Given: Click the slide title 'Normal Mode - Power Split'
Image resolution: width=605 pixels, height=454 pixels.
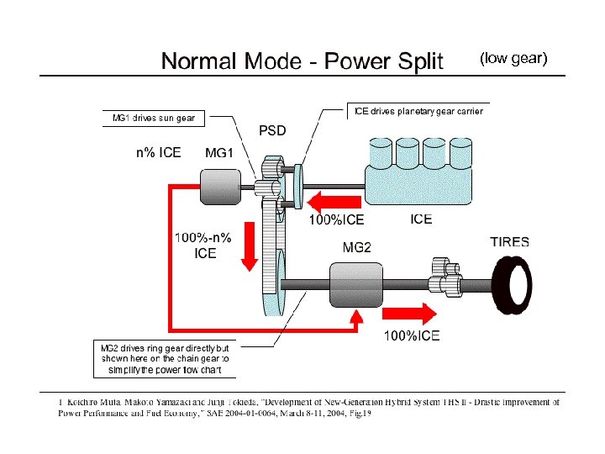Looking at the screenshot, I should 302,61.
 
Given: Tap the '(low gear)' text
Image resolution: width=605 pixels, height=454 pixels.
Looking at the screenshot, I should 513,58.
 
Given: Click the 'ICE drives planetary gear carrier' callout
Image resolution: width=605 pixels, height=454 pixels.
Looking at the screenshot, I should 417,111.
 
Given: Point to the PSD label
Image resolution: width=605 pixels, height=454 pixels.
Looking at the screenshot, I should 272,131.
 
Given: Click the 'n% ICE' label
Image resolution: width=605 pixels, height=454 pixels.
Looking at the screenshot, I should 158,153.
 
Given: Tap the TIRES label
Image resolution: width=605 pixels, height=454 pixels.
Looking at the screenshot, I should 509,241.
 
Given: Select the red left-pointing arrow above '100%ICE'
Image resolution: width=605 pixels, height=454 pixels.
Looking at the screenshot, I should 334,202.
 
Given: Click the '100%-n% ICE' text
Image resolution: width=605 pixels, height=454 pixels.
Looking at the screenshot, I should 205,245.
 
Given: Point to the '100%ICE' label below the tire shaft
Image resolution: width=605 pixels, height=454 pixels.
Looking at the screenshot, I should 411,336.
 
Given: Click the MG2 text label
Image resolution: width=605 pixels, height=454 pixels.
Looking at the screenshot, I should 356,247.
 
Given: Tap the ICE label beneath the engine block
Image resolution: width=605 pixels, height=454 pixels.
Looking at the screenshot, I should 421,219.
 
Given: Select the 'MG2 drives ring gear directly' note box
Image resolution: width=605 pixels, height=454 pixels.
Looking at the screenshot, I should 165,358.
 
